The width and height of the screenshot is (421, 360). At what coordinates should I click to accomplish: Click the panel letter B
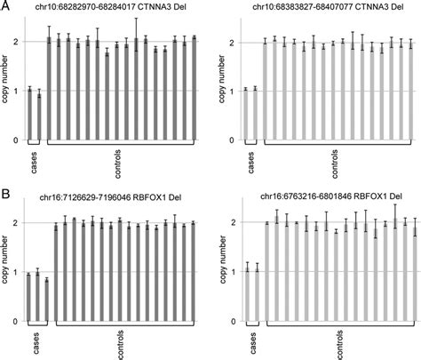[6, 191]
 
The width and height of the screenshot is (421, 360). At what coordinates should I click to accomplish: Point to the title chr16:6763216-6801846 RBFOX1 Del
[325, 197]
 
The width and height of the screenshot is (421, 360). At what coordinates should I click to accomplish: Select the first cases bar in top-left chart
[29, 115]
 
